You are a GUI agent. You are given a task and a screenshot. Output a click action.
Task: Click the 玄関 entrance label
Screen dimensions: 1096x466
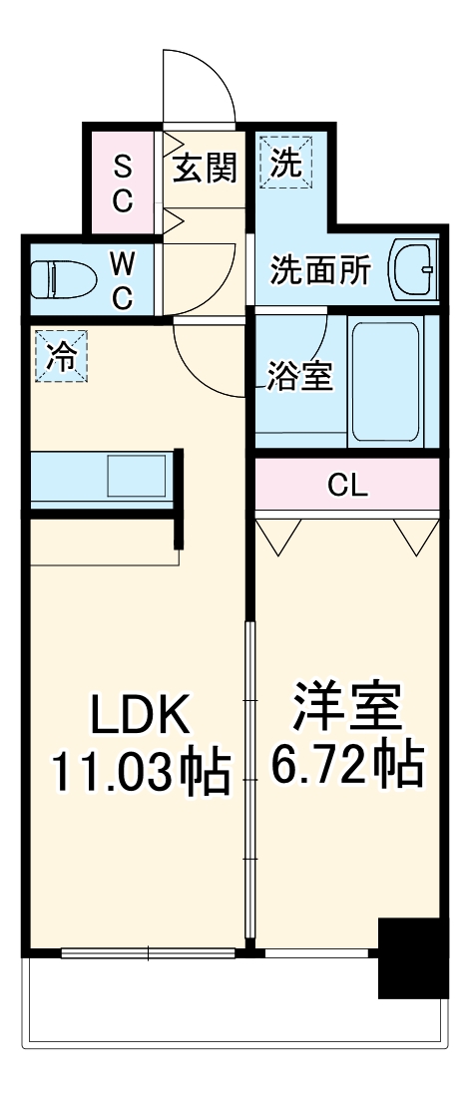[x=207, y=169]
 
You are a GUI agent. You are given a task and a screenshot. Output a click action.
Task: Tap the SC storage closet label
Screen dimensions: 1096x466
[x=121, y=183]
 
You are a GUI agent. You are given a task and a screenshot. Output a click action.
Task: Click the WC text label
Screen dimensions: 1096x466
[x=121, y=280]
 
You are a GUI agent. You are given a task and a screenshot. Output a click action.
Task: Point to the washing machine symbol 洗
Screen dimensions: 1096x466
[x=286, y=163]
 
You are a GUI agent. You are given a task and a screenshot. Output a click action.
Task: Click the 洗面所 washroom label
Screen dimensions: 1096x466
[x=321, y=271]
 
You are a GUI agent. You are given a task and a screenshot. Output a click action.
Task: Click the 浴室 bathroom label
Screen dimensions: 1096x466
[x=298, y=377]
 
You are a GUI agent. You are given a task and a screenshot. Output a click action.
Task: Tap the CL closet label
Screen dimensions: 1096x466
[x=348, y=487]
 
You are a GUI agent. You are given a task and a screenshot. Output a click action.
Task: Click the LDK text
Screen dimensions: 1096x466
[x=140, y=715]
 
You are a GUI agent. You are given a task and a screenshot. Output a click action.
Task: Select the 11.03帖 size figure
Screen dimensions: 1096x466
[x=140, y=772]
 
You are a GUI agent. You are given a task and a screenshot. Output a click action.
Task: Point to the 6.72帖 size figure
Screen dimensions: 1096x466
[x=347, y=765]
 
